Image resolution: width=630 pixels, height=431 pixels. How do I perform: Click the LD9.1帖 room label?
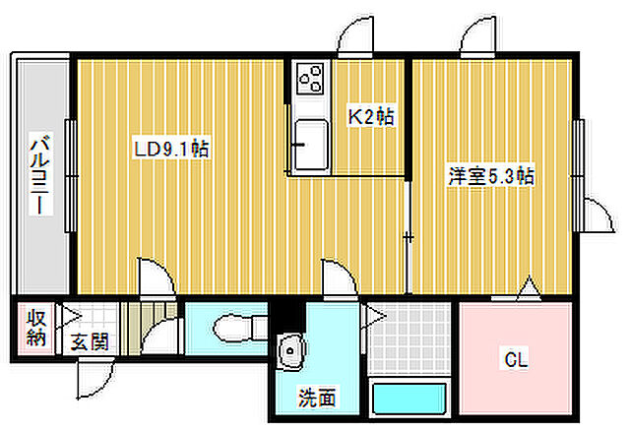170,149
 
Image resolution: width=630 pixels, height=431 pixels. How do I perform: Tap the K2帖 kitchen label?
372,117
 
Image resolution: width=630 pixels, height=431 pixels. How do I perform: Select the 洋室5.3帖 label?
490,177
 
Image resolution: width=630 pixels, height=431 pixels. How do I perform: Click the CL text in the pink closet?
516,360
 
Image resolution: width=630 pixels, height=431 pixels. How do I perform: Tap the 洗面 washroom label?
317,398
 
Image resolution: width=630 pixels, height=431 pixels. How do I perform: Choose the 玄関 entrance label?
90,343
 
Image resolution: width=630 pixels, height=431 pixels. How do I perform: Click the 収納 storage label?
35,329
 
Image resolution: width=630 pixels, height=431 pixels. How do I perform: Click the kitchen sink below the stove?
312,142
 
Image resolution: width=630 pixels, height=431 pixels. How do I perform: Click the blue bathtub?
409,400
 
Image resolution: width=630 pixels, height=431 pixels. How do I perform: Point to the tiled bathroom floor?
410,339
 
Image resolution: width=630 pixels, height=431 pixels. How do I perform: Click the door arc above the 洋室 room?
476,39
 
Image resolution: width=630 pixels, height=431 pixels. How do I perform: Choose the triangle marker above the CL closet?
528,288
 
